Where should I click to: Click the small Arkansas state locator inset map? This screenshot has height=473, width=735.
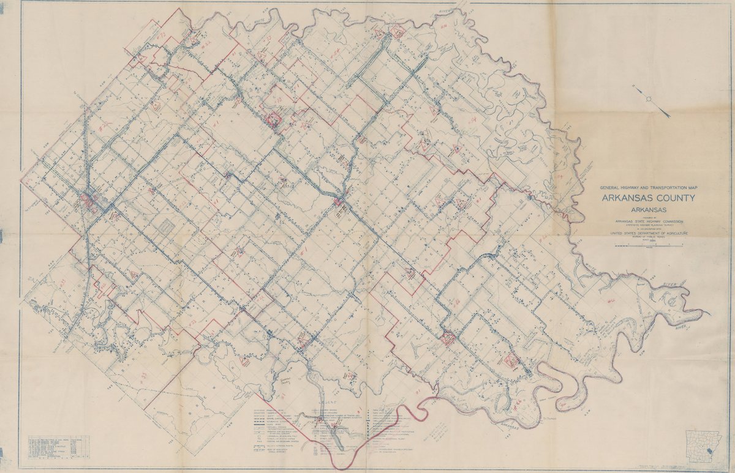tap(703, 445)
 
